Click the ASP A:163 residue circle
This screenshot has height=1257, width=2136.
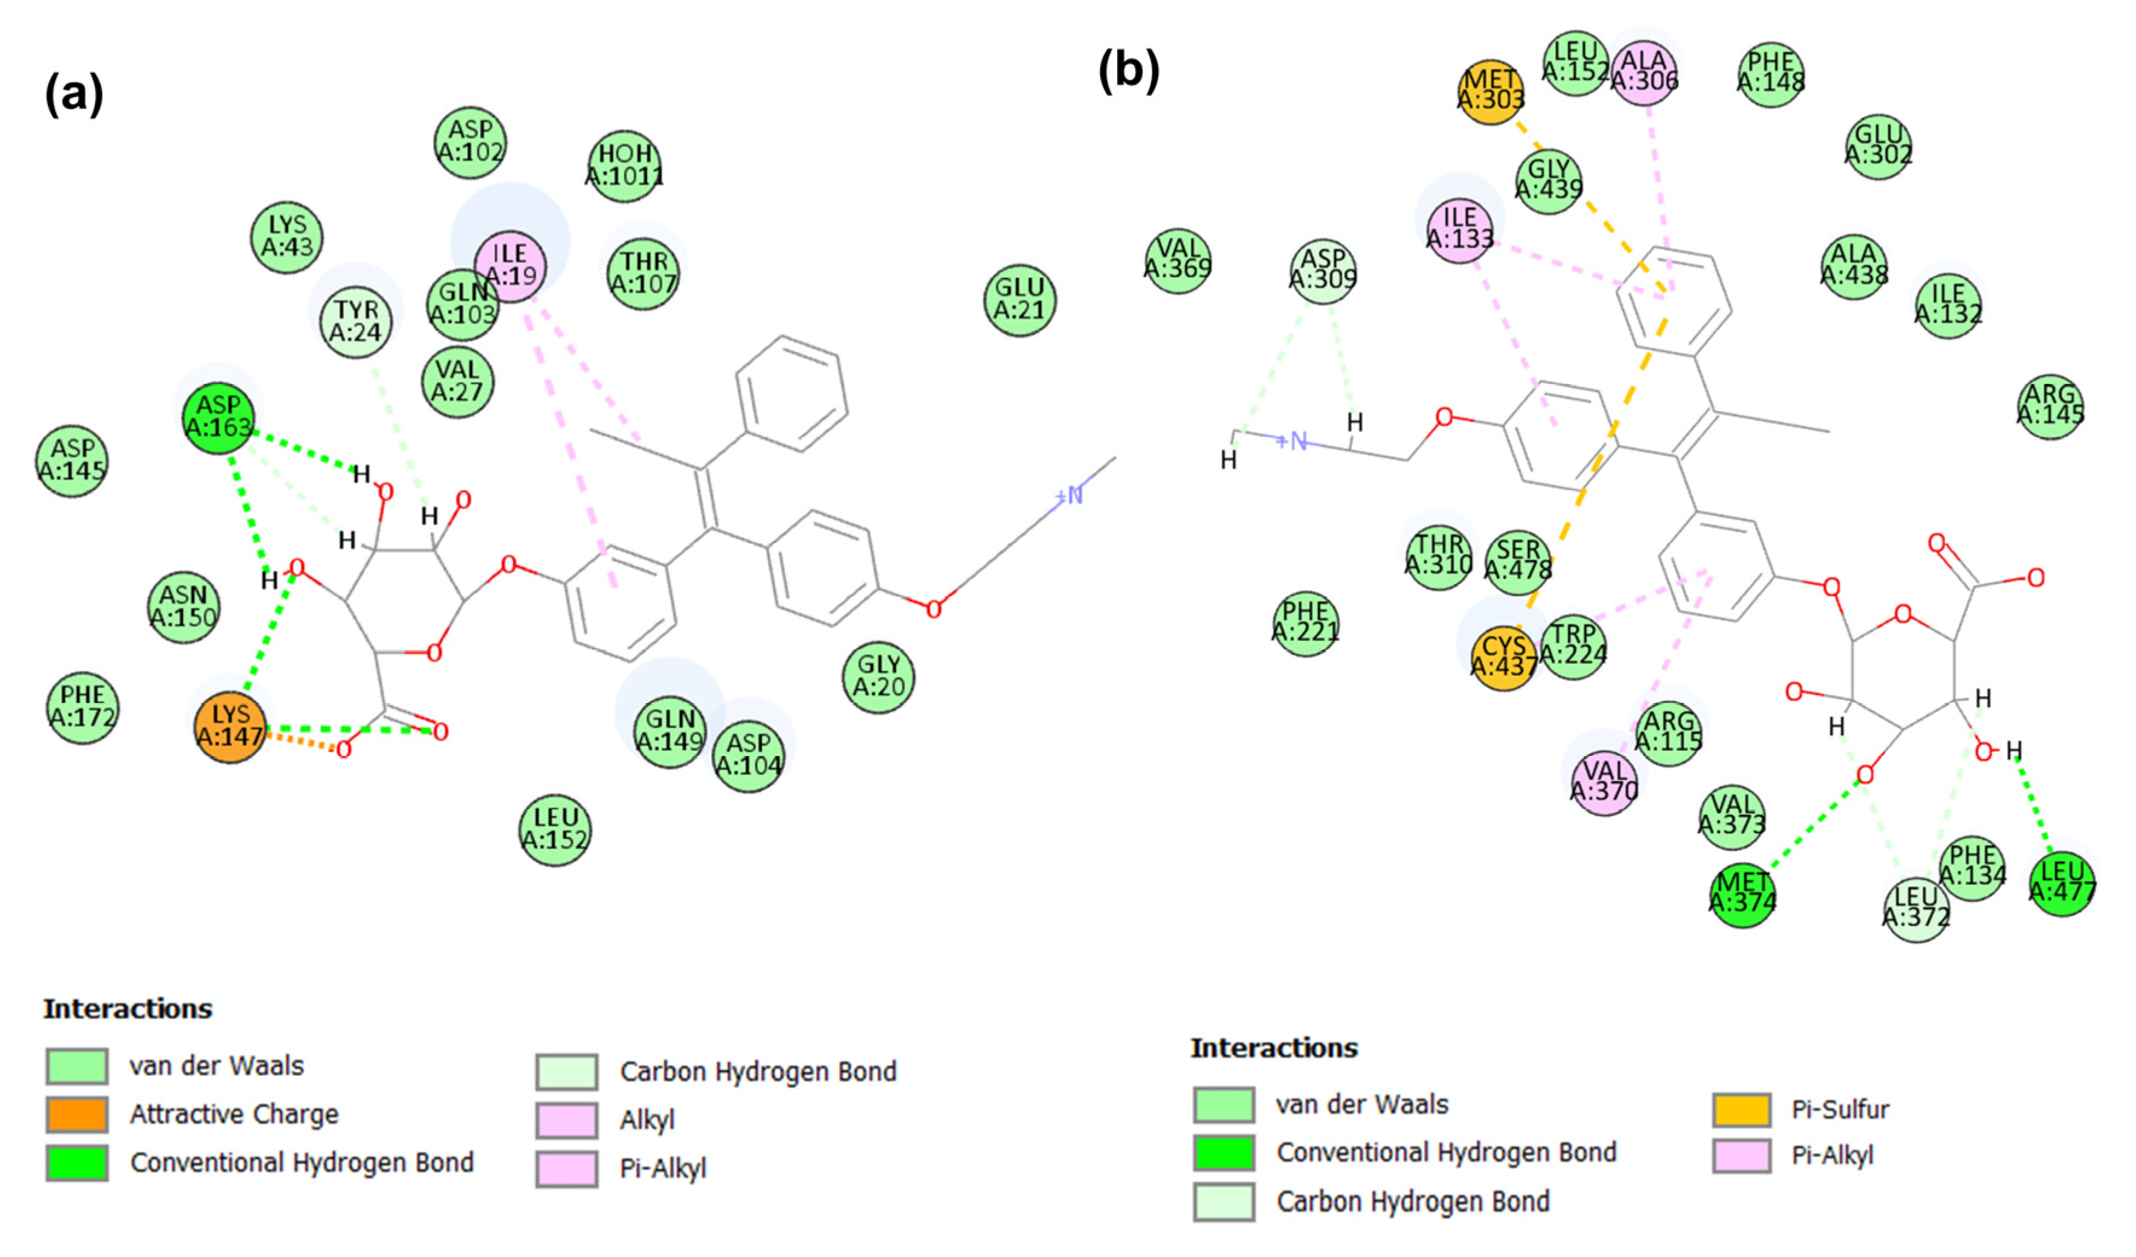219,417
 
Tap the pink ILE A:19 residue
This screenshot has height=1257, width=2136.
509,265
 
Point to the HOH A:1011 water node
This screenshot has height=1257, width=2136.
625,166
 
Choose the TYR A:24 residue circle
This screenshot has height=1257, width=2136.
356,321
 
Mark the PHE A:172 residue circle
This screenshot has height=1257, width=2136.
82,707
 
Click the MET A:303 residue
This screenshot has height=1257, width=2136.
1490,91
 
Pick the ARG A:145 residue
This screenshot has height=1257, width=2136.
2050,406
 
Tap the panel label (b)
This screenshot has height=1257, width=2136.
1128,70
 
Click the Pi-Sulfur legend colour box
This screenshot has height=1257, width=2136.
1741,1110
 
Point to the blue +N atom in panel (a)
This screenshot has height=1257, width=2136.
1070,495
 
